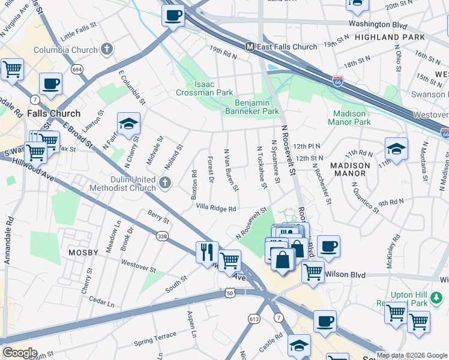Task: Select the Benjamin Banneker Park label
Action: click(x=252, y=107)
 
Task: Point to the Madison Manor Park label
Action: click(x=349, y=118)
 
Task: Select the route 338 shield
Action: click(x=161, y=237)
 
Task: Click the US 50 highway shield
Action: click(x=230, y=292)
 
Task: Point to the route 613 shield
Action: click(x=254, y=319)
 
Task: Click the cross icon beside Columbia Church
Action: click(x=107, y=50)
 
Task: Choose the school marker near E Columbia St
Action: click(x=128, y=124)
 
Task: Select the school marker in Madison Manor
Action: click(x=396, y=148)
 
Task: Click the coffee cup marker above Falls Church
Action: click(x=50, y=84)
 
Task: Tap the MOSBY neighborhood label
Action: click(x=83, y=253)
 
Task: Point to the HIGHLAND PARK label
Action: click(x=399, y=37)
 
